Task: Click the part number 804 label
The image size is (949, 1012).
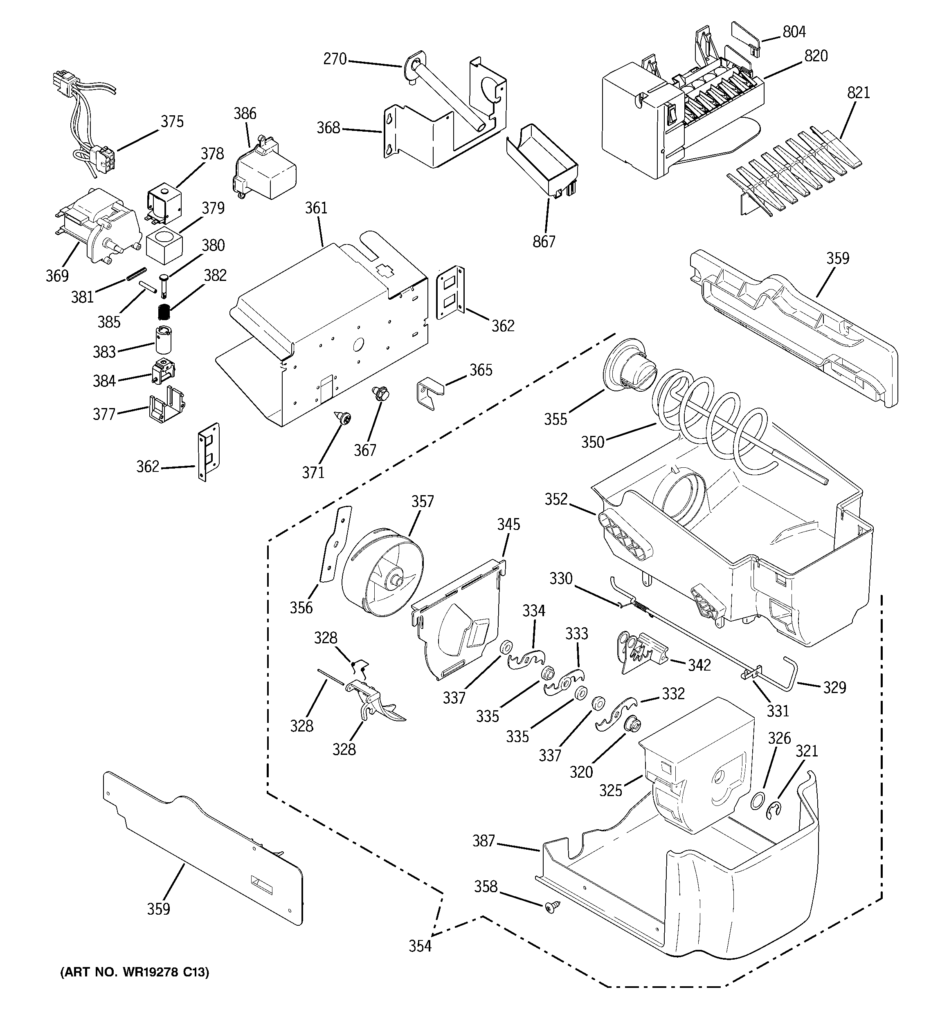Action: (x=794, y=31)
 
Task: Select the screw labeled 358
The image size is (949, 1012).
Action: (x=551, y=906)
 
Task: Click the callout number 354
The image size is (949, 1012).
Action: (x=420, y=946)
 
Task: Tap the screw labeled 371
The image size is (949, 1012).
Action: (x=344, y=419)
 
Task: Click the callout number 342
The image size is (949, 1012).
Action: (x=699, y=665)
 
